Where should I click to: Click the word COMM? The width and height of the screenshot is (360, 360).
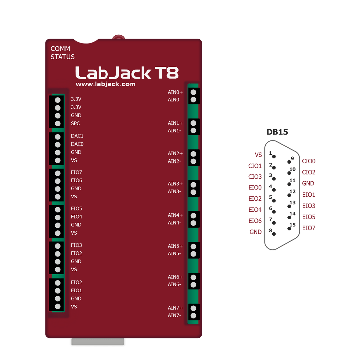[x=60, y=49]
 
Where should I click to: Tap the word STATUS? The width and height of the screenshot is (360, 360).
[x=63, y=57]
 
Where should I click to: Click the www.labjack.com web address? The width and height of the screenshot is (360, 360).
[x=105, y=84]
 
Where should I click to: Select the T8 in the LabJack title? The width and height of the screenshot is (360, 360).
[x=167, y=73]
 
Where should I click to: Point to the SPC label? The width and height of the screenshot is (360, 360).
[x=75, y=123]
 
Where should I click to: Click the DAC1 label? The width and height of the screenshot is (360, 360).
[x=77, y=136]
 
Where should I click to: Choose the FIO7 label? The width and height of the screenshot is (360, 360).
[x=77, y=172]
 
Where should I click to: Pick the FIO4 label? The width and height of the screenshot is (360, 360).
[x=77, y=217]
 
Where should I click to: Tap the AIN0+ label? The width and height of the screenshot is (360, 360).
[x=175, y=92]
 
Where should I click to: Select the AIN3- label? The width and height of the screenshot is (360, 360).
[x=174, y=191]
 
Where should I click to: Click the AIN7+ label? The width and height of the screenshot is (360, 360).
[x=175, y=308]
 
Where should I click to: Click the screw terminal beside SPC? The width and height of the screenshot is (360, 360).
[x=58, y=124]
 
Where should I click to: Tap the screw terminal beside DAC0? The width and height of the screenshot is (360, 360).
[x=58, y=145]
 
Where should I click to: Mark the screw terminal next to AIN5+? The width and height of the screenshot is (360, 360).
[x=193, y=246]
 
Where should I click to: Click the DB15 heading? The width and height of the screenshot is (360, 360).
[x=277, y=132]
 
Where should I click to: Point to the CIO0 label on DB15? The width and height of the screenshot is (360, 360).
[x=309, y=161]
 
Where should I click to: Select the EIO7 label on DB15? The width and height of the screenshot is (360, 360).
[x=309, y=228]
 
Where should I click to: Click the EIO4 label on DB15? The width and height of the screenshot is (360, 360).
[x=255, y=210]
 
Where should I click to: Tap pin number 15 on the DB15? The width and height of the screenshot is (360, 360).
[x=292, y=225]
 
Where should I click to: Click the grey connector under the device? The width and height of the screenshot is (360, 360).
[x=98, y=342]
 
